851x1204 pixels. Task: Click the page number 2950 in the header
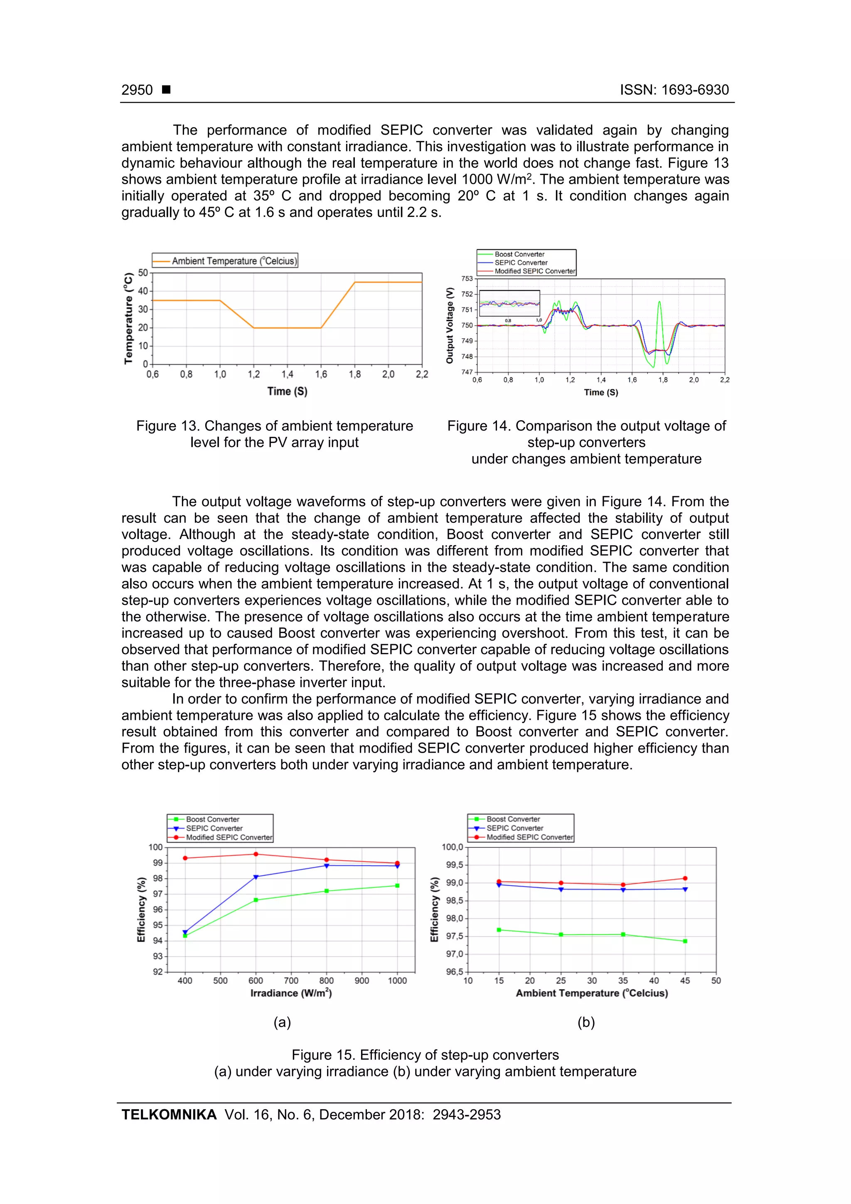pos(137,90)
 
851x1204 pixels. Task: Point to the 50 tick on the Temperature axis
pos(143,273)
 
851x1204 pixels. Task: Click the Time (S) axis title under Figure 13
pos(287,391)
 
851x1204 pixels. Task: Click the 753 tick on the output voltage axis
pos(467,278)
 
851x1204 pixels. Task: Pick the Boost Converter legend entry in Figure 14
pos(519,254)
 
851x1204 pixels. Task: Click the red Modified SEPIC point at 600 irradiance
pos(256,854)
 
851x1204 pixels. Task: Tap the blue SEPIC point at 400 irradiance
pos(185,932)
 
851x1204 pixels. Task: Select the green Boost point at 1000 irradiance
pos(397,886)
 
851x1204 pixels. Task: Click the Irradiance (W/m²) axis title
pos(291,993)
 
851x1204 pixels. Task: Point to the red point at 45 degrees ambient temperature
pos(685,878)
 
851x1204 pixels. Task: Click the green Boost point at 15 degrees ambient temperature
pos(499,930)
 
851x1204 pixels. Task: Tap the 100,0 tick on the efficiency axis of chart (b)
pos(452,847)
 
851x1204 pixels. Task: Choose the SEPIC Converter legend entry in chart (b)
pos(514,828)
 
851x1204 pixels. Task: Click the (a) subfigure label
pos(282,1022)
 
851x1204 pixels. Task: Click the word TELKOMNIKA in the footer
pos(169,1114)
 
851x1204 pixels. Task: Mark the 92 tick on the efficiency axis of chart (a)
pos(158,972)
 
